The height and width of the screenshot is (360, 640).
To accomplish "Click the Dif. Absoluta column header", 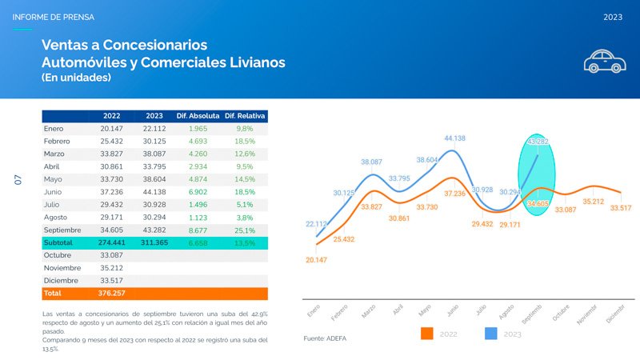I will pos(197,115).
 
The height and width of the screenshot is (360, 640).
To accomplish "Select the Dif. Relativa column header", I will pos(245,115).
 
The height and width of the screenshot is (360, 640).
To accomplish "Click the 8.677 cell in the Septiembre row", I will pos(197,230).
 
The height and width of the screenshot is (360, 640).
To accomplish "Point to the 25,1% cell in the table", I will pos(245,230).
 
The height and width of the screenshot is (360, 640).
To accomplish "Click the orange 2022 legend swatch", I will pos(427,334).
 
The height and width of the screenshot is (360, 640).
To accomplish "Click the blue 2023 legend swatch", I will pos(493,334).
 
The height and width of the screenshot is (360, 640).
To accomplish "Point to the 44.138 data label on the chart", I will pos(454,138).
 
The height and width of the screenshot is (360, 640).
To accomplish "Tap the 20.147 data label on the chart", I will pos(317,260).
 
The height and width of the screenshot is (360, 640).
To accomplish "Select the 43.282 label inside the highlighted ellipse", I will pos(538,142).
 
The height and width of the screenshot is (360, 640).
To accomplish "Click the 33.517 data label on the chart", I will pos(620,208).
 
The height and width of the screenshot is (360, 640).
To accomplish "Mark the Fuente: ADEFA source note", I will pos(326,339).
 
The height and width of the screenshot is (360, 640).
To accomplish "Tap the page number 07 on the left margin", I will pos(18,181).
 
